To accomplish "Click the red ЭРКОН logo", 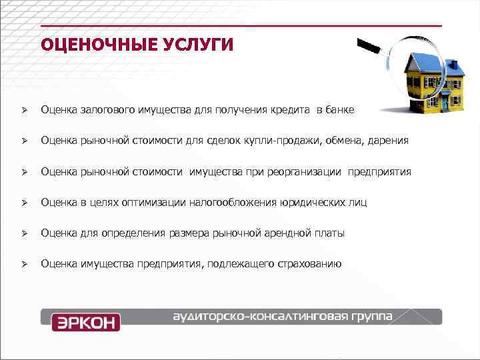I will tap(86, 322).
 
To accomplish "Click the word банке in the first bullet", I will tap(340, 109).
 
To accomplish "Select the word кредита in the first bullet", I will tap(291, 109).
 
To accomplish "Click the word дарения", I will tap(388, 140).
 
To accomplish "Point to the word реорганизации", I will tap(307, 171).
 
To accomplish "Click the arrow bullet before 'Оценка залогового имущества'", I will tap(23, 109).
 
